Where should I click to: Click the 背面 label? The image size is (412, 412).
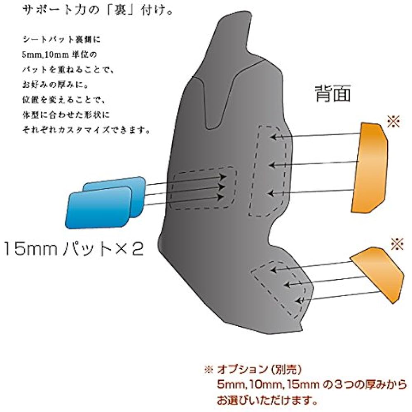tap(332, 94)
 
